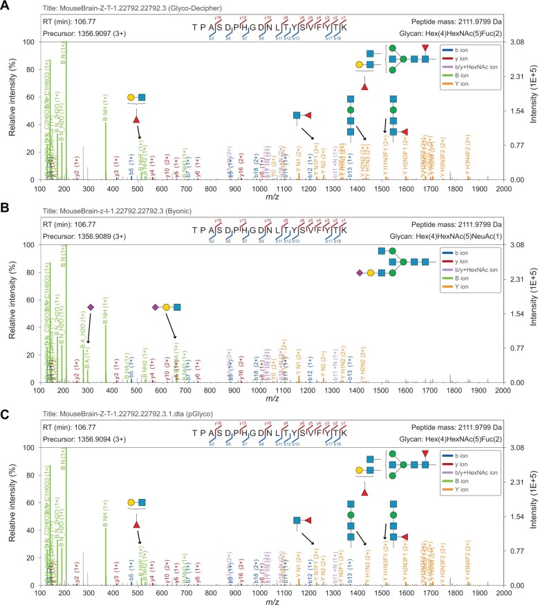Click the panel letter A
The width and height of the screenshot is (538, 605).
6,6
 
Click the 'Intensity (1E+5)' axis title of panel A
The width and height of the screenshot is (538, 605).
531,111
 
